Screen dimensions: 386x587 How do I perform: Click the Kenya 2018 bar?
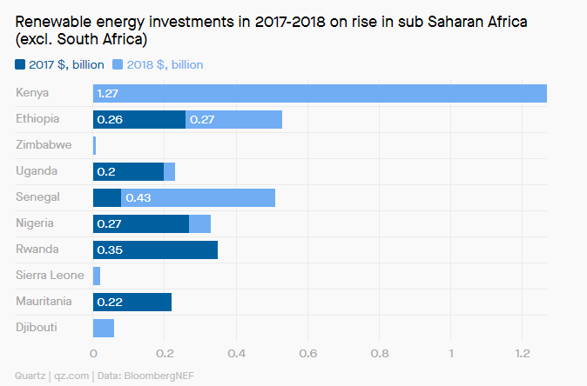(320, 93)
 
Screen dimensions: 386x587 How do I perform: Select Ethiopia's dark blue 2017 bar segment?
(139, 119)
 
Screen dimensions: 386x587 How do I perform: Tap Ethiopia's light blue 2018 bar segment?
(233, 119)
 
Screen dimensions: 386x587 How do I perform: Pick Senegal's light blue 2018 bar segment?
(198, 197)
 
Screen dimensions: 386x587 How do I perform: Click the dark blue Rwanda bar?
(155, 250)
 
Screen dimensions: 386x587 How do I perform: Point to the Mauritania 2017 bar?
(132, 302)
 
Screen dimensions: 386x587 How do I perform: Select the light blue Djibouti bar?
(104, 328)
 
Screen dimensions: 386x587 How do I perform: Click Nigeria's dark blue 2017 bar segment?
(141, 223)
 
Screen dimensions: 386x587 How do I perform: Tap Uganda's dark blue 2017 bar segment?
(128, 171)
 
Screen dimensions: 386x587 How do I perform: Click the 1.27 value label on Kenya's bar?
(108, 93)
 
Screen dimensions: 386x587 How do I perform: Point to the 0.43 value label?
(138, 197)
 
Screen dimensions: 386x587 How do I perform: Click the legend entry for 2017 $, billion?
(59, 64)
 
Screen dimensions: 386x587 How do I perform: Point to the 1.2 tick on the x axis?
(522, 354)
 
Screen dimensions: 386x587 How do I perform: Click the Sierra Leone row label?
(50, 276)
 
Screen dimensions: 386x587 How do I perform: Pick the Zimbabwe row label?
(44, 145)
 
